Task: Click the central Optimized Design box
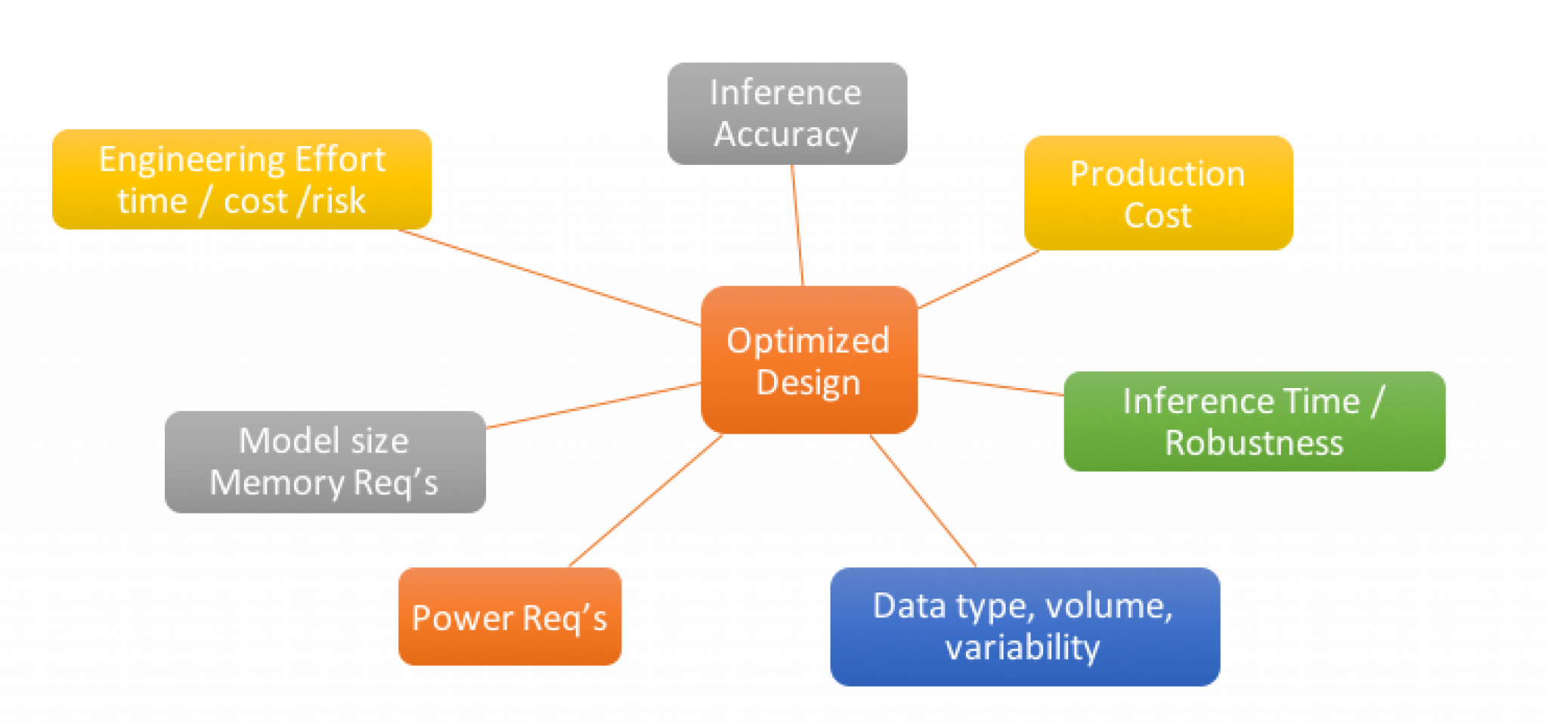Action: [x=809, y=360]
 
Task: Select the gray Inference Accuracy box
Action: [x=787, y=113]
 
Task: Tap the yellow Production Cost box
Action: [x=1158, y=194]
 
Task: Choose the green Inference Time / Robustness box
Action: [x=1254, y=421]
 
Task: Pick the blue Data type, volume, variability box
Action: [x=1024, y=627]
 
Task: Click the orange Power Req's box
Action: [x=509, y=617]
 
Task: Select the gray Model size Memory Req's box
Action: [x=325, y=462]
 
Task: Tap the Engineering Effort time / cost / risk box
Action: [x=242, y=180]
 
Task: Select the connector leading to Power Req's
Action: [x=645, y=502]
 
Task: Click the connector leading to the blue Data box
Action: [x=924, y=500]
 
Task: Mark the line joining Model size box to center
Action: [x=593, y=406]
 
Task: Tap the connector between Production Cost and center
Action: [x=979, y=280]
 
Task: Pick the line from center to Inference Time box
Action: [x=990, y=385]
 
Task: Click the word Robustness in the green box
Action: [x=1254, y=443]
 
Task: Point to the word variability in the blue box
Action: [x=1022, y=648]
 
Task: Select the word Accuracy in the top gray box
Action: [x=786, y=135]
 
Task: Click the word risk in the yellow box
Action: [x=339, y=202]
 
